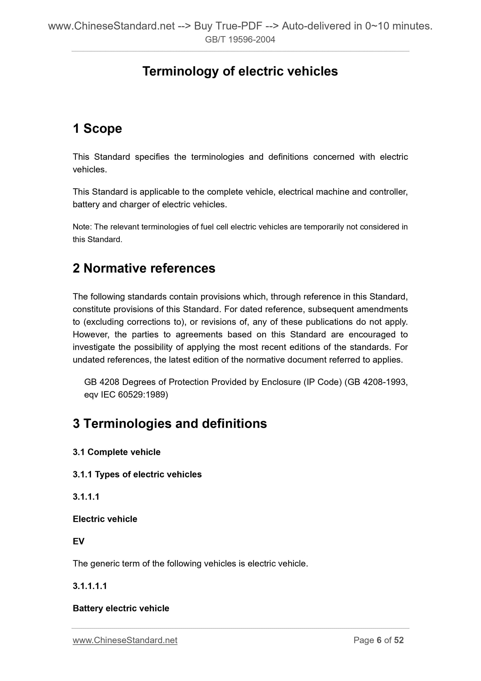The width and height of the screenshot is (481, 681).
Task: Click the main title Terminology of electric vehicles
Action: (x=240, y=71)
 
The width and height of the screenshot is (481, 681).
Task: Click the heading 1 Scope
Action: (x=97, y=128)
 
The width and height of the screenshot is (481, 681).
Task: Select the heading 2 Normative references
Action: (x=144, y=268)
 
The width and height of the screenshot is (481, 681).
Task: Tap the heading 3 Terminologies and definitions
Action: (x=170, y=423)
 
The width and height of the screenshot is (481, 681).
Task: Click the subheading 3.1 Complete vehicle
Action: (x=116, y=452)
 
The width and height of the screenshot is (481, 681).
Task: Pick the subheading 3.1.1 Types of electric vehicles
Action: (x=137, y=474)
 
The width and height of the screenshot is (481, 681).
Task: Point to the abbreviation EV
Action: (x=79, y=541)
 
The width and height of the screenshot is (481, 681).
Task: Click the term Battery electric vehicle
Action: (x=121, y=608)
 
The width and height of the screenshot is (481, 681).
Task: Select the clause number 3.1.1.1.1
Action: (x=89, y=586)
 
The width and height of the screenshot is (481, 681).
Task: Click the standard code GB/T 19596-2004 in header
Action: (x=240, y=39)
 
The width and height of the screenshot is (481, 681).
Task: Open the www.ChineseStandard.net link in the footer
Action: (x=125, y=640)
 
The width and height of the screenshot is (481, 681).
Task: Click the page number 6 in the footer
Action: (x=379, y=640)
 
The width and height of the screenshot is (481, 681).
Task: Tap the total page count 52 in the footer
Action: (x=399, y=640)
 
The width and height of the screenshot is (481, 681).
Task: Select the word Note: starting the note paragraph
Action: (x=82, y=227)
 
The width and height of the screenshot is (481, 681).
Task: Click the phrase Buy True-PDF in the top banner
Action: (x=228, y=26)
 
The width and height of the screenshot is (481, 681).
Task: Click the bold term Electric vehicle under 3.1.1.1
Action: (x=105, y=519)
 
